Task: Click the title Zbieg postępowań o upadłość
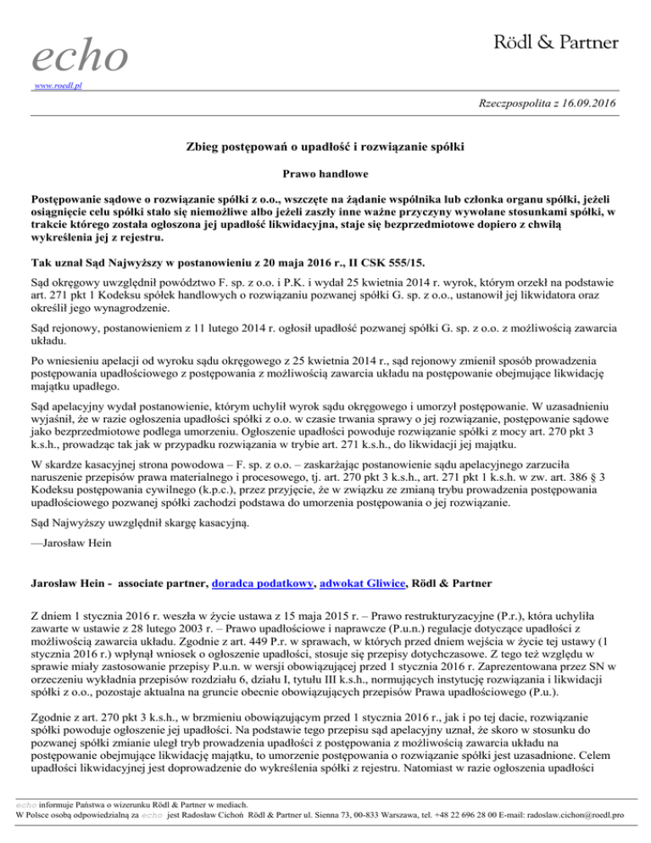tap(325, 147)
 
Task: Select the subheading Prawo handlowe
tap(325, 171)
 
